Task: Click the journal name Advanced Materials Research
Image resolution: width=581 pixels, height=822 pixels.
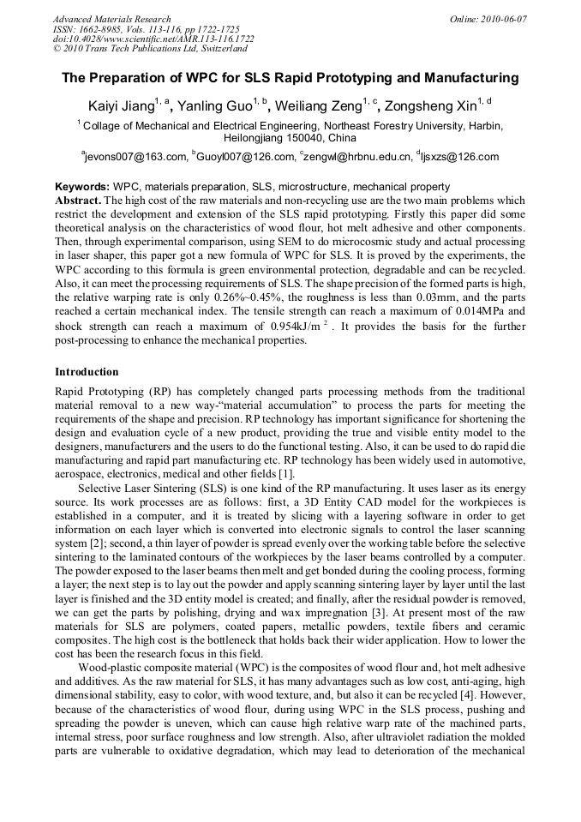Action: pyautogui.click(x=111, y=19)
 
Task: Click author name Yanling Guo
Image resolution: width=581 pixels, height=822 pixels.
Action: pyautogui.click(x=213, y=107)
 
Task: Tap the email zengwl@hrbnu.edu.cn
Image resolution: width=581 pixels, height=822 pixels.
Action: pyautogui.click(x=356, y=157)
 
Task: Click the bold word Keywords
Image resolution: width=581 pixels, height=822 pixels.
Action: pyautogui.click(x=81, y=187)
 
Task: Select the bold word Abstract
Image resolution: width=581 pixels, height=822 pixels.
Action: pyautogui.click(x=78, y=200)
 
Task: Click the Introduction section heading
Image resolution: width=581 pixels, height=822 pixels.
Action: pyautogui.click(x=87, y=372)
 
